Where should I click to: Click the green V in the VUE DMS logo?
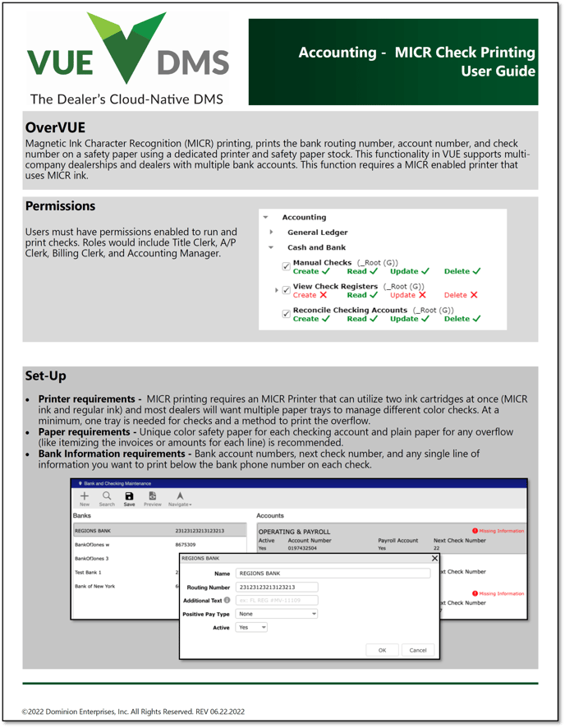126,49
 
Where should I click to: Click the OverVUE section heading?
55,127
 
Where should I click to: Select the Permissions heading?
60,206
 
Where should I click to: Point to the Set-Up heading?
45,376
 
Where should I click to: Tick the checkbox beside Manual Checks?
286,266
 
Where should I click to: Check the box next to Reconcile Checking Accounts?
286,313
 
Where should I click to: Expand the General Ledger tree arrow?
271,233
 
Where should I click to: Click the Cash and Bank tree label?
316,247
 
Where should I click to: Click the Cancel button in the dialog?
418,650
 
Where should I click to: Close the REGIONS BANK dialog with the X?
434,559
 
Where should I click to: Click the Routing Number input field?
275,587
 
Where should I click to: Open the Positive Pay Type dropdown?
276,614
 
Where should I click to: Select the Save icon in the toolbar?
129,498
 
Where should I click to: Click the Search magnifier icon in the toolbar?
107,498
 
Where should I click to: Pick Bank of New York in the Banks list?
94,586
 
